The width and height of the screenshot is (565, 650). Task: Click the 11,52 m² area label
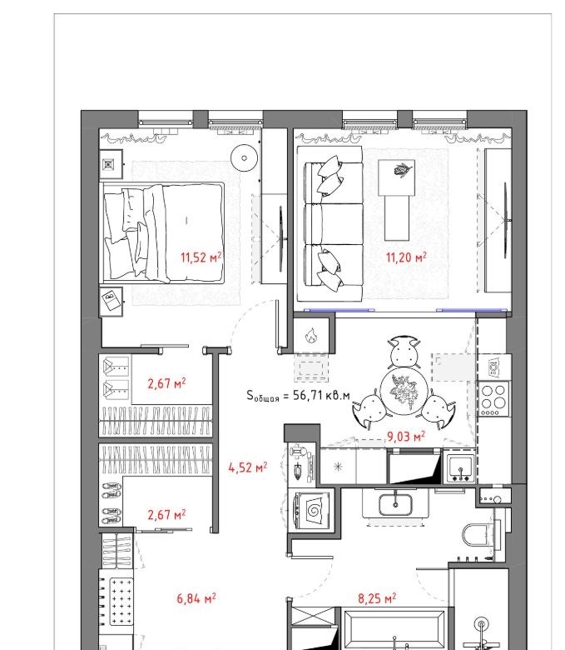[x=201, y=257]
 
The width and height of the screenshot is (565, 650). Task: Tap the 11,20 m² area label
[x=406, y=257]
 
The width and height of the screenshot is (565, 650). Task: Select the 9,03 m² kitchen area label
[x=405, y=436]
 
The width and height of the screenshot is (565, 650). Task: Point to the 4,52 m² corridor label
[x=247, y=467]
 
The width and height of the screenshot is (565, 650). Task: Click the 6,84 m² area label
[x=196, y=598]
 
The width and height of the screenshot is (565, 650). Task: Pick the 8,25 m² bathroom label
[x=377, y=598]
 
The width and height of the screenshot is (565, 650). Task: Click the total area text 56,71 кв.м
[x=321, y=395]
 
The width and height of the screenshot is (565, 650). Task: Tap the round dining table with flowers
[x=404, y=392]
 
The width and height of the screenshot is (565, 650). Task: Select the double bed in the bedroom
[x=163, y=232]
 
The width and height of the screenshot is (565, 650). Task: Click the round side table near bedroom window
[x=244, y=157]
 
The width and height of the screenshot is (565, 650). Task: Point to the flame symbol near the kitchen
[x=311, y=335]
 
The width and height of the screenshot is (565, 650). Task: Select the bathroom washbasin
[x=395, y=504]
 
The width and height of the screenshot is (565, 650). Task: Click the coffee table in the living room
[x=397, y=200]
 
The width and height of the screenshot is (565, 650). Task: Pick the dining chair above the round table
[x=404, y=352]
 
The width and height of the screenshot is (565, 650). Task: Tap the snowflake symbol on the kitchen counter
[x=338, y=467]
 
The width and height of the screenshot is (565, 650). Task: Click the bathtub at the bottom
[x=394, y=629]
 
